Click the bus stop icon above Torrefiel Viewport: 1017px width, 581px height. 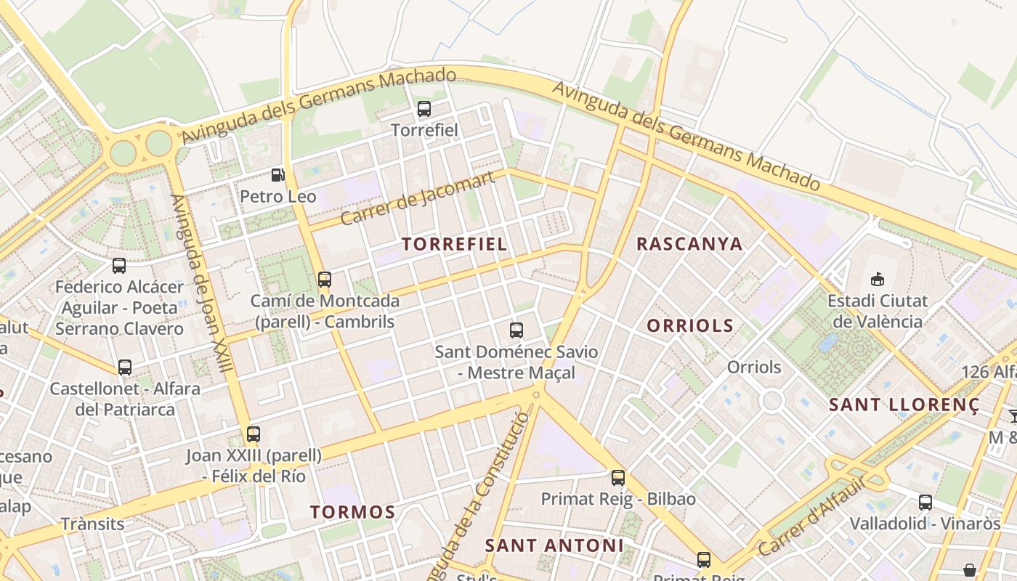coord(424,110)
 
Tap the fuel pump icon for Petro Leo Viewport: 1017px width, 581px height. coord(277,175)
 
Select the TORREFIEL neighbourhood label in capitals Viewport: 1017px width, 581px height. coord(455,244)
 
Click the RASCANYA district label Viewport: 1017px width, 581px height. coord(689,244)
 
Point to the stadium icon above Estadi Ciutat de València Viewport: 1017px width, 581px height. coord(878,279)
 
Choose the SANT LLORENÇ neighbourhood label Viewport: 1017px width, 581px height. coord(904,405)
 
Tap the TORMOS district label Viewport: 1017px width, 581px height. coord(353,512)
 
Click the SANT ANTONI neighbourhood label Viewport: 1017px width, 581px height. coord(554,545)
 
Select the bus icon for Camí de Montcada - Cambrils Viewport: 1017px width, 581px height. coord(325,279)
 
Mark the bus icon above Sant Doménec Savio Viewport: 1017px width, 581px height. coord(516,330)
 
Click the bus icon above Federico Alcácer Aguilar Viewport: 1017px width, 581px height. coord(119,266)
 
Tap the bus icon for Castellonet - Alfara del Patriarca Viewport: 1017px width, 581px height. coord(125,367)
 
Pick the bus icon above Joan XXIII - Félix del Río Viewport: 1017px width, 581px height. coord(254,434)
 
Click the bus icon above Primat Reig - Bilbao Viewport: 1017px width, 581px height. coord(618,478)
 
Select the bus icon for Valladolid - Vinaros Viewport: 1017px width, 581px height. coord(925,502)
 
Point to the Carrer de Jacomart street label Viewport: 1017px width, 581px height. coord(417,198)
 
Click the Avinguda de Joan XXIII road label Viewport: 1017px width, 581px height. coord(201,283)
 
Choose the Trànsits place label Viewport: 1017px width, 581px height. coord(92,524)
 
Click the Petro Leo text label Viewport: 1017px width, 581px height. coord(278,197)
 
